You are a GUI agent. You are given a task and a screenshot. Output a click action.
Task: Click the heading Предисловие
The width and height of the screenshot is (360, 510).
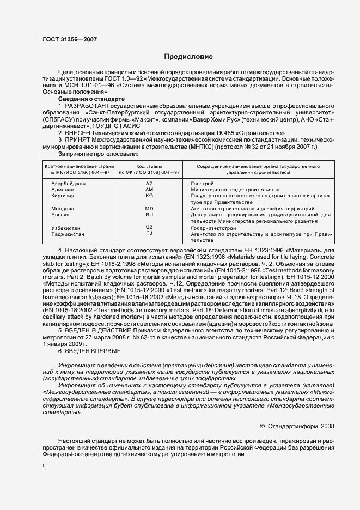(x=189, y=57)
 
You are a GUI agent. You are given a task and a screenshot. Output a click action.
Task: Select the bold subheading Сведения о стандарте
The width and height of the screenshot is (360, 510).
(x=91, y=99)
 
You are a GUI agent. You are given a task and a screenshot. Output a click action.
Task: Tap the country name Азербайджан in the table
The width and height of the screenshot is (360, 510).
(x=69, y=184)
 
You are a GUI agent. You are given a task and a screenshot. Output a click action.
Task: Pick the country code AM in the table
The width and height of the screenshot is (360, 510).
(x=149, y=189)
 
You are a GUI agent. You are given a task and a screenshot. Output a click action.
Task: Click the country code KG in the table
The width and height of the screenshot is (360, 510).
(x=149, y=195)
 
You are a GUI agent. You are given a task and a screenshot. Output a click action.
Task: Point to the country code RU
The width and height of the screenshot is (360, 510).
(x=149, y=215)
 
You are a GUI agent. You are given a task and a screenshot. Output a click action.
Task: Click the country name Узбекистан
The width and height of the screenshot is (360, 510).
(x=66, y=228)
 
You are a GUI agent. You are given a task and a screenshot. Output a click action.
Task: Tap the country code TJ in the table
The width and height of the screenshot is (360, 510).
(x=149, y=233)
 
